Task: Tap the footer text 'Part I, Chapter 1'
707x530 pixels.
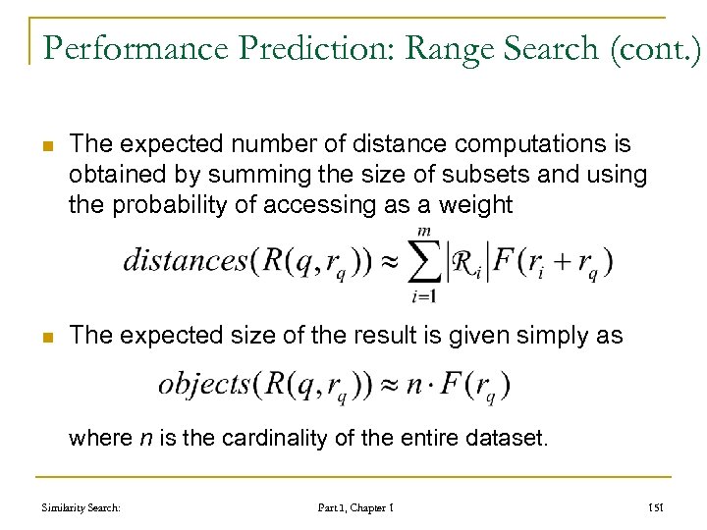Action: click(354, 506)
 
